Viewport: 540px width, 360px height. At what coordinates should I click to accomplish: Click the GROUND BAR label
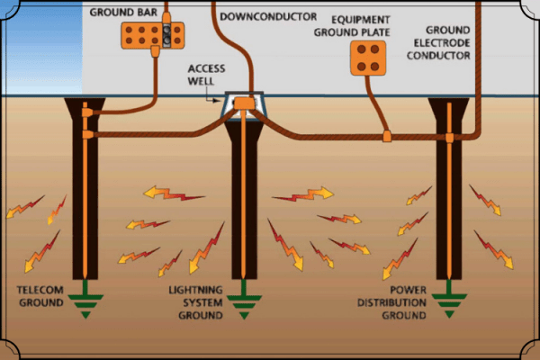(x=123, y=13)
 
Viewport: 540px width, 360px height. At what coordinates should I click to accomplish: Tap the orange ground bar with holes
(x=153, y=35)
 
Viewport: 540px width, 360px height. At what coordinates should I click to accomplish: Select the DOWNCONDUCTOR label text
(x=268, y=16)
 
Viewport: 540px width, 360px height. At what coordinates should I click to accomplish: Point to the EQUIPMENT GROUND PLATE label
(x=352, y=26)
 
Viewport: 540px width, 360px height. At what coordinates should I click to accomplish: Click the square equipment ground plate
(x=368, y=58)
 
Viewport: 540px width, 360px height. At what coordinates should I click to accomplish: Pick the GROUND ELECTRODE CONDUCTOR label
(x=438, y=42)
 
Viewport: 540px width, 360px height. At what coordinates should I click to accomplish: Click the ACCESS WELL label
(x=206, y=75)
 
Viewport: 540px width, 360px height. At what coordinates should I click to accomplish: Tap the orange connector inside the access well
(x=244, y=103)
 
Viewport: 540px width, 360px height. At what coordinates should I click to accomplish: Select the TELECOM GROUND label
(x=40, y=296)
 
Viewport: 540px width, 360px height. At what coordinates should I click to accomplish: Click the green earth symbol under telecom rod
(x=85, y=299)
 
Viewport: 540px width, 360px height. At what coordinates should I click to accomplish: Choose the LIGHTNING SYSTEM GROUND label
(x=195, y=302)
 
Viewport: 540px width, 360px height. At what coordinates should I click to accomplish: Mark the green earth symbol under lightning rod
(x=244, y=300)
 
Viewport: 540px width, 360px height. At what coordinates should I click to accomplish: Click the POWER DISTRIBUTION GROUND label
(x=391, y=302)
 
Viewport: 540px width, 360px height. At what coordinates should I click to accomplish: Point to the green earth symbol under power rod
(x=449, y=299)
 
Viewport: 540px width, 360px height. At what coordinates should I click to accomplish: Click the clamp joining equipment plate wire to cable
(x=387, y=136)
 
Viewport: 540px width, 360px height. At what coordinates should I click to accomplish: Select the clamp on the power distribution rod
(x=449, y=138)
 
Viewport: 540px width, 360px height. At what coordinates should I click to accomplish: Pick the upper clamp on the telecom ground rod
(x=87, y=112)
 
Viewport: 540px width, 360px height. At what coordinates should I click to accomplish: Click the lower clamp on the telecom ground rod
(x=88, y=134)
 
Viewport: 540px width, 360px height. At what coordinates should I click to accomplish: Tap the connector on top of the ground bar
(x=166, y=18)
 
